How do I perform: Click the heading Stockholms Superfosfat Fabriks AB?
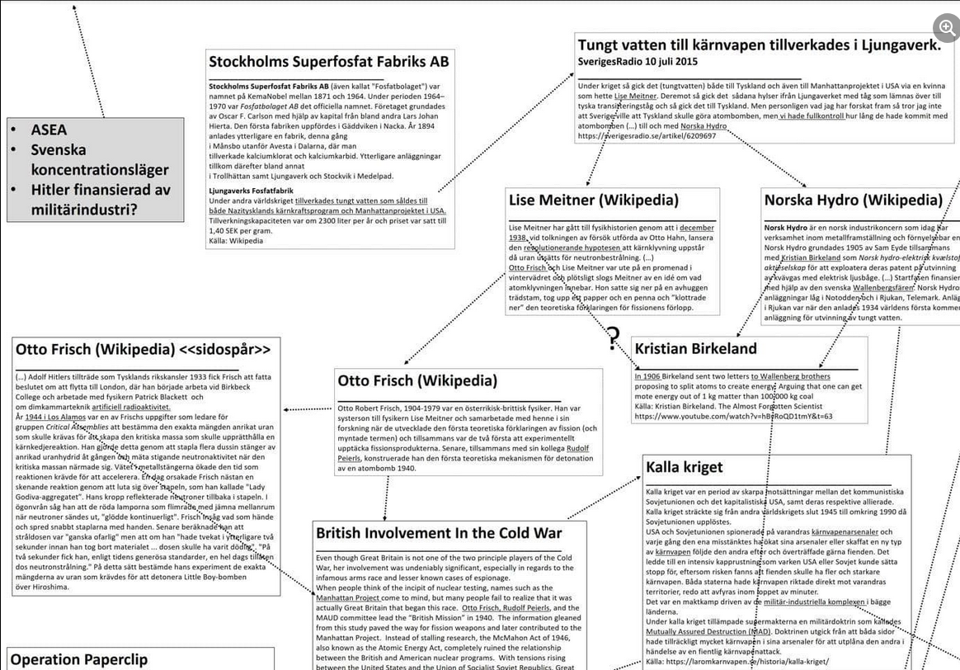point(329,62)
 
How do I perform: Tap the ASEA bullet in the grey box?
point(49,130)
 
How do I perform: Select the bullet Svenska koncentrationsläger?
point(99,160)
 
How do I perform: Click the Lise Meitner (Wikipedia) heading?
point(594,200)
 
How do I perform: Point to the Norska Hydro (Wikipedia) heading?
point(853,200)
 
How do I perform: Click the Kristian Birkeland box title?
point(695,348)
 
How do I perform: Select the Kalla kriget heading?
point(685,467)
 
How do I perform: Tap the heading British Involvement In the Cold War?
point(439,533)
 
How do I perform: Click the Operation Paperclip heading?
point(79,659)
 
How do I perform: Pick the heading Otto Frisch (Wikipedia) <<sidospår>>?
point(144,349)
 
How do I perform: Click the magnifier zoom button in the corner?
point(944,26)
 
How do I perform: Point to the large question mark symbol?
point(613,336)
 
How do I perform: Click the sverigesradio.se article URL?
point(647,136)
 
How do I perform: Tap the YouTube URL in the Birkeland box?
point(733,416)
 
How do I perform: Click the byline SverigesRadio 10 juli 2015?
point(638,62)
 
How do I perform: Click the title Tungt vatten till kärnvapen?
point(759,45)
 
